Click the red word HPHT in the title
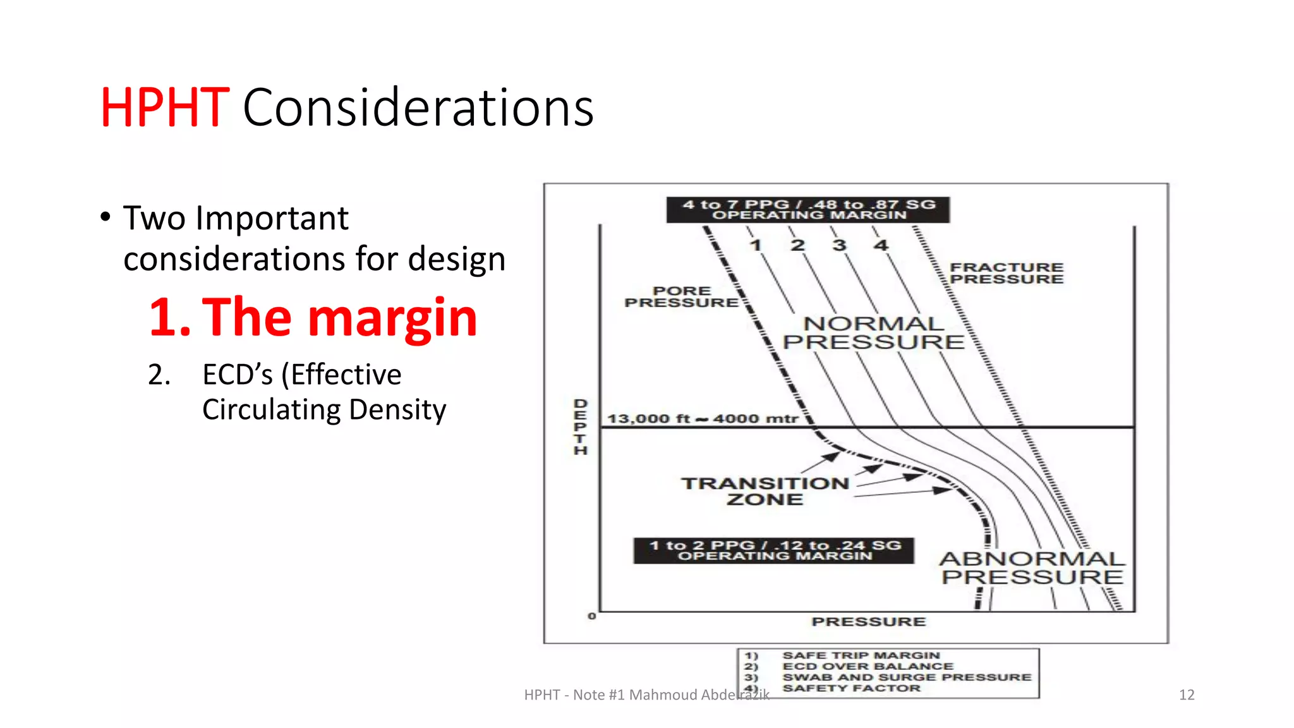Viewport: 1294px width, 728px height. pos(164,108)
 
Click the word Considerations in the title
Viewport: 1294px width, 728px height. pos(418,108)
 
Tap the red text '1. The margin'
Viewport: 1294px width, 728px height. pos(313,317)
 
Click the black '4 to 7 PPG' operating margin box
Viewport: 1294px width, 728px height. pos(807,210)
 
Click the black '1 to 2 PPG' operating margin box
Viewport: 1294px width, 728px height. pos(774,550)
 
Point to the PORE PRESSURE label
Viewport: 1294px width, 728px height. pos(681,297)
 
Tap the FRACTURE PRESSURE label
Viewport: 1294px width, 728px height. pos(1006,274)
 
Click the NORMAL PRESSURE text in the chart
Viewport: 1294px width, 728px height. pos(873,333)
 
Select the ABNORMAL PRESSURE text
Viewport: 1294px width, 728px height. pos(1032,567)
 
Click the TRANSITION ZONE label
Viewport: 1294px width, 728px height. pos(765,492)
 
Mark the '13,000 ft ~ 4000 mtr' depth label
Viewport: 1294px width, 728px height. pos(702,419)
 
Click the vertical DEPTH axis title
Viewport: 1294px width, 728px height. pos(581,427)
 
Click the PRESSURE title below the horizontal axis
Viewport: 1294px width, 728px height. pos(868,622)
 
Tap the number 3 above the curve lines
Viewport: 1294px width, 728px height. pos(839,245)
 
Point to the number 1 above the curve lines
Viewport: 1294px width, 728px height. pos(756,245)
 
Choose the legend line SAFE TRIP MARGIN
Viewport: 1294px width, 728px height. pos(861,655)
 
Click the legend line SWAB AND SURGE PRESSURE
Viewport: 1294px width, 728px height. pos(906,677)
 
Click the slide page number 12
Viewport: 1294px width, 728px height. pos(1186,695)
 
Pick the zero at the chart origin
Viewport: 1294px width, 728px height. pos(591,616)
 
